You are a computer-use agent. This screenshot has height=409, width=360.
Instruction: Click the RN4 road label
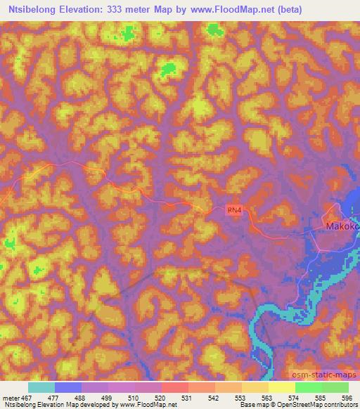click(x=234, y=209)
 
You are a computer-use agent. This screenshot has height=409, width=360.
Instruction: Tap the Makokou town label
click(x=342, y=227)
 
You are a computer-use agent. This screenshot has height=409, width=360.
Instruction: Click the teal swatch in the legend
click(x=41, y=387)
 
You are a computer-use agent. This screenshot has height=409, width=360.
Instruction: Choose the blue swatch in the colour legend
click(x=68, y=387)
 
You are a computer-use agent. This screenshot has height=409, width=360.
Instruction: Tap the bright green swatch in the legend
click(x=309, y=387)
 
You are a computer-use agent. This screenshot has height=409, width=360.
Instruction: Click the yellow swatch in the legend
click(x=282, y=387)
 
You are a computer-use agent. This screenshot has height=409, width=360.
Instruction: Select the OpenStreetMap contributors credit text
click(x=311, y=405)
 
